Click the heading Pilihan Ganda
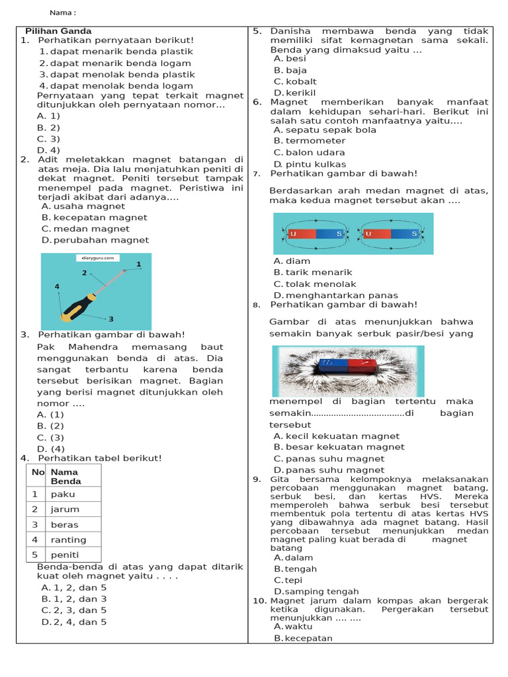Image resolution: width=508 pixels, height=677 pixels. click(x=58, y=31)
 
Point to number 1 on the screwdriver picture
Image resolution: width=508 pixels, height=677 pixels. click(x=139, y=264)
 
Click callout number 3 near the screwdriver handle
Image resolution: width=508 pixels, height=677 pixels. click(x=111, y=319)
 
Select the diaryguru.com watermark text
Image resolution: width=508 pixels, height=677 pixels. click(x=97, y=259)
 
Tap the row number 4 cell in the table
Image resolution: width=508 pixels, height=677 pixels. click(x=34, y=540)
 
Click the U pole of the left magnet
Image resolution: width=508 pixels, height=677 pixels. click(x=293, y=234)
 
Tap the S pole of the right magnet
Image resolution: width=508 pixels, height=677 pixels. click(x=414, y=234)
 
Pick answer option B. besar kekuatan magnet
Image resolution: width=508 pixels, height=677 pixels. click(x=339, y=447)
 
